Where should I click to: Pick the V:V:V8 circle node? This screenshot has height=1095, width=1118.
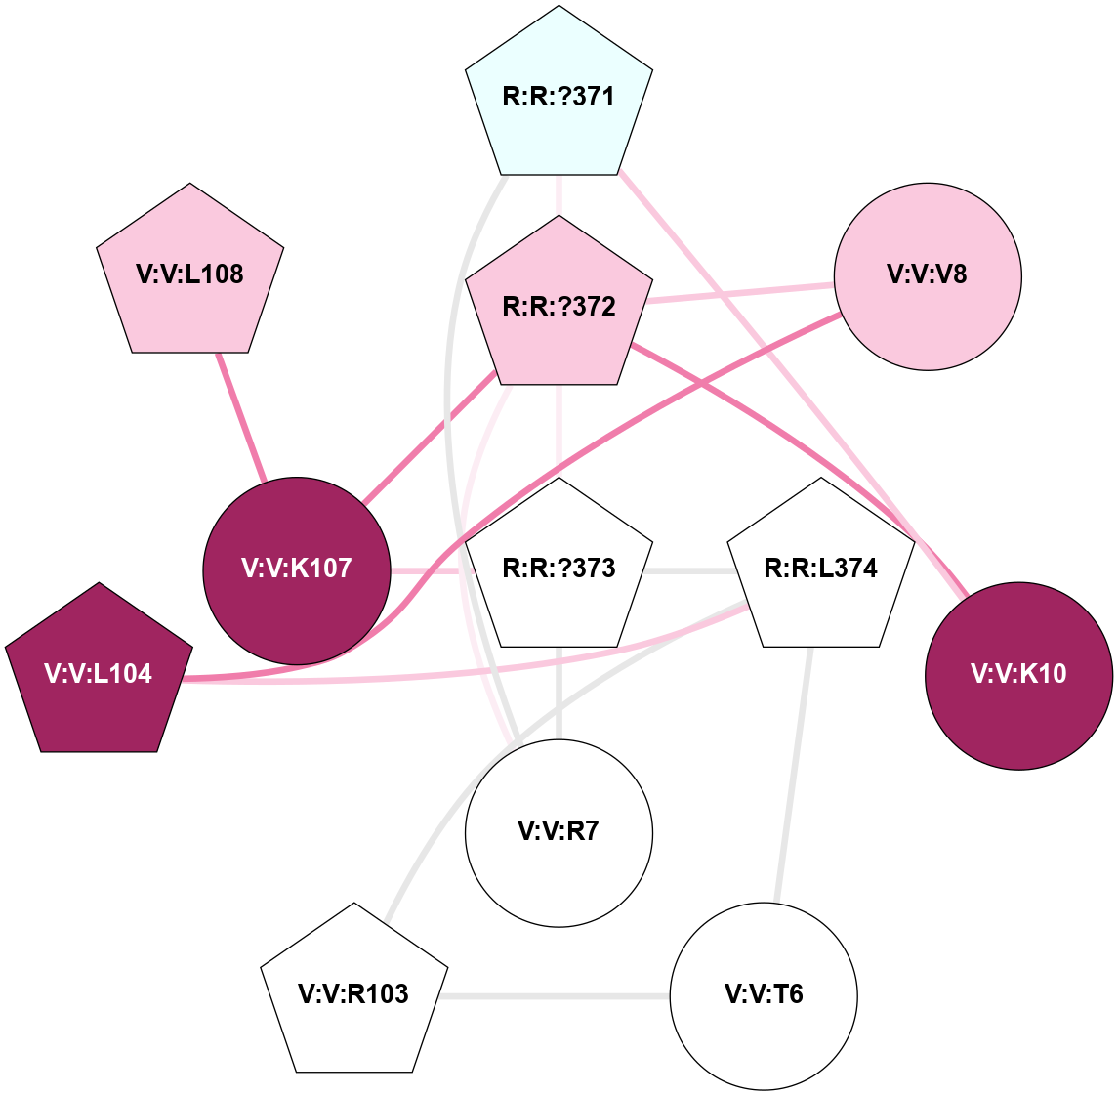(928, 275)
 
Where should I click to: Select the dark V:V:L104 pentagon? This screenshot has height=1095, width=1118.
(99, 674)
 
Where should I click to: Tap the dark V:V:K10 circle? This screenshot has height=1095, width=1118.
(1018, 675)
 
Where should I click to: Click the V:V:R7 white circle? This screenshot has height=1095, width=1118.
(559, 832)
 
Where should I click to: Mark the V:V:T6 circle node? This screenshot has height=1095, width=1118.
(764, 995)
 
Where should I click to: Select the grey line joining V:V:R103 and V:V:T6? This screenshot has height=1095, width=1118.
(554, 996)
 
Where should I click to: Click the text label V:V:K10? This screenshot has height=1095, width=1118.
(1018, 675)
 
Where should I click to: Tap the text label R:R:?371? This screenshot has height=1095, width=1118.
(559, 98)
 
